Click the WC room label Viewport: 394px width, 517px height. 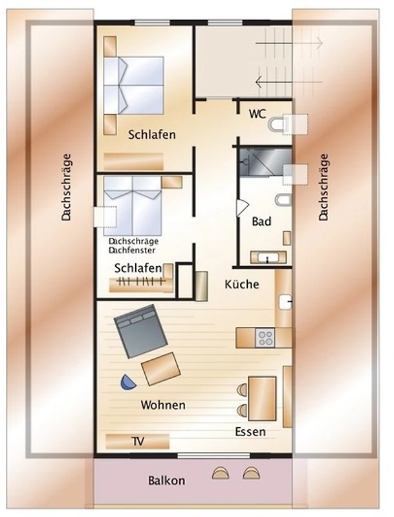click(x=257, y=114)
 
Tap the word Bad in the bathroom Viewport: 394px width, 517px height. click(x=261, y=221)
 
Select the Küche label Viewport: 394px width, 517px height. click(x=242, y=284)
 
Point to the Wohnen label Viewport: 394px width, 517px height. click(x=163, y=405)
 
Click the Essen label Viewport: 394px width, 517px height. click(x=250, y=432)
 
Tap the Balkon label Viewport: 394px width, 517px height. click(x=166, y=480)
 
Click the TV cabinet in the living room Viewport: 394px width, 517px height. click(x=137, y=441)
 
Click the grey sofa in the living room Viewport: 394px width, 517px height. click(x=141, y=331)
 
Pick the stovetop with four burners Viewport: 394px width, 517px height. click(x=265, y=337)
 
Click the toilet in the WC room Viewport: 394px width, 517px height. click(x=276, y=124)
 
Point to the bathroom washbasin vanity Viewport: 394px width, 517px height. click(x=268, y=257)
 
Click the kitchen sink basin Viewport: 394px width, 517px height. click(x=285, y=302)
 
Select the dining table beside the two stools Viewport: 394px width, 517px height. click(x=262, y=399)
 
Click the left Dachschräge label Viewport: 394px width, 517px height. click(x=67, y=187)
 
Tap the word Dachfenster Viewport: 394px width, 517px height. click(x=132, y=250)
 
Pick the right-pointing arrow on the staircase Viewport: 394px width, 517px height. click(x=289, y=43)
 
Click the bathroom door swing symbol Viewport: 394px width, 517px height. click(x=242, y=207)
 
